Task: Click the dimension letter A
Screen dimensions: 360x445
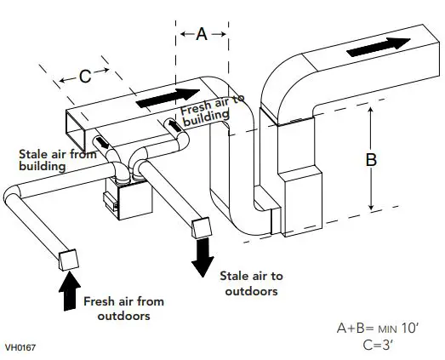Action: point(202,34)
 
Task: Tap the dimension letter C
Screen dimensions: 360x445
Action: point(85,76)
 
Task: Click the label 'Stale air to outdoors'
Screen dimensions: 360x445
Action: point(251,283)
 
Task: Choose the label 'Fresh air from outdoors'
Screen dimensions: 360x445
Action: point(123,308)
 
